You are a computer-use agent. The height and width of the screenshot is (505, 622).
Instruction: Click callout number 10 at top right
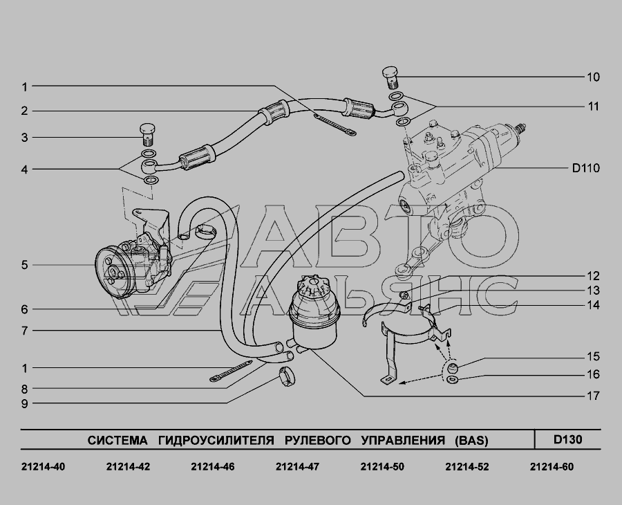coord(593,77)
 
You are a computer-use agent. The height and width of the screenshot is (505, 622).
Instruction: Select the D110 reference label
coord(585,168)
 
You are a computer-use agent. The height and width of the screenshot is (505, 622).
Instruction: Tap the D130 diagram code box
coord(567,439)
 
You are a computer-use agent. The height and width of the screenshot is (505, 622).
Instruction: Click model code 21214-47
coord(297,467)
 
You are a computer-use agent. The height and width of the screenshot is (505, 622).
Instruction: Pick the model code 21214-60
coord(552,467)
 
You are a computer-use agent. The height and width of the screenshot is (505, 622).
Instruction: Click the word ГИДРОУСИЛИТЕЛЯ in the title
coord(216,440)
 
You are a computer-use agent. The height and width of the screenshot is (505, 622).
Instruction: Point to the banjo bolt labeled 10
coord(390,78)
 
